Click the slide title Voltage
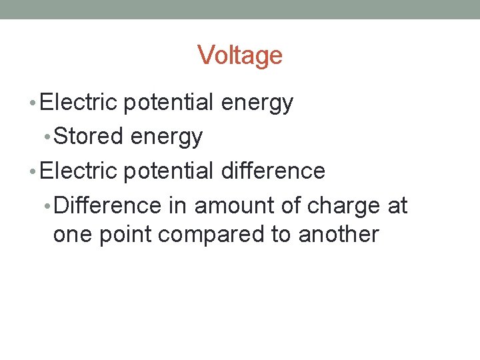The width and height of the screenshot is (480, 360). click(x=240, y=55)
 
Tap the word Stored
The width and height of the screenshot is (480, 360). click(x=88, y=137)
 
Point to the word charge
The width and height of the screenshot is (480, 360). click(x=339, y=206)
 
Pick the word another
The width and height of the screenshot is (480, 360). click(x=339, y=235)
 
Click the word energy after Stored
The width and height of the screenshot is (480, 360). click(x=167, y=137)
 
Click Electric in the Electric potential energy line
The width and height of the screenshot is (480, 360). click(x=79, y=103)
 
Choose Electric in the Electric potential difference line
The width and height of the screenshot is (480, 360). click(x=79, y=171)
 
